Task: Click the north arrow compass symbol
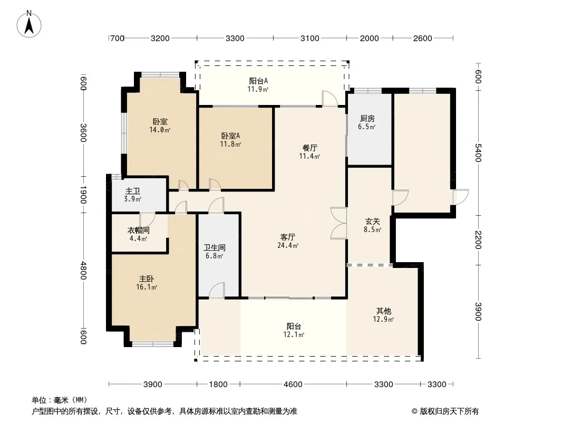click(29, 24)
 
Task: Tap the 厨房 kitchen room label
click(367, 118)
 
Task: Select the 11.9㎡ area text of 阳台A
click(258, 89)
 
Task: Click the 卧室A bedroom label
click(230, 136)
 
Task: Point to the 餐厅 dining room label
click(309, 148)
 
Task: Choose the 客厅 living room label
click(288, 237)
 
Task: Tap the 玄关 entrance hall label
click(372, 221)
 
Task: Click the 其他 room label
click(383, 311)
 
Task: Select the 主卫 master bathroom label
click(133, 191)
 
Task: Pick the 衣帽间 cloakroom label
click(138, 230)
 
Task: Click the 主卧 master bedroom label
click(147, 279)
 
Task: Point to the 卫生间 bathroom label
click(215, 247)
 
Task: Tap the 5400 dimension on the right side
click(478, 153)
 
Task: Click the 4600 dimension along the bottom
click(293, 385)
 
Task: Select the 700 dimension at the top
click(117, 39)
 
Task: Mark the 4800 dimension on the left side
click(83, 270)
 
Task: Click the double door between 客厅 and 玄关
click(338, 223)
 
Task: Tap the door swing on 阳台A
click(330, 99)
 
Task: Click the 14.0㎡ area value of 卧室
click(160, 130)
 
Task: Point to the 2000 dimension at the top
click(369, 39)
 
